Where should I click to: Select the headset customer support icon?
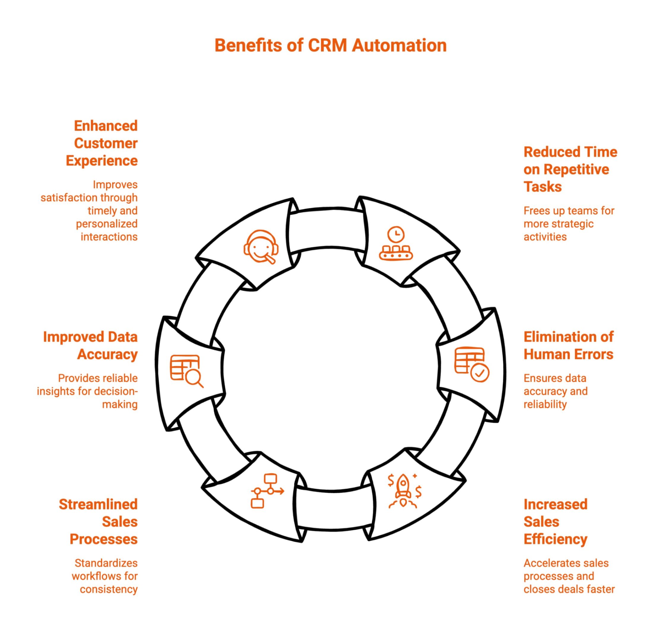coord(261,247)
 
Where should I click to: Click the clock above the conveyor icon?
coord(396,234)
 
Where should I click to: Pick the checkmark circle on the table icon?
coord(479,373)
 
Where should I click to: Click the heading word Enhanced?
coord(105,126)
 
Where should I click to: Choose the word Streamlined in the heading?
coord(98,504)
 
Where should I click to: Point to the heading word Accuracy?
coord(107,354)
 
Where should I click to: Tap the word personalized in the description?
coord(107,224)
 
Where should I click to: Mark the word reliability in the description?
coord(545,404)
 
